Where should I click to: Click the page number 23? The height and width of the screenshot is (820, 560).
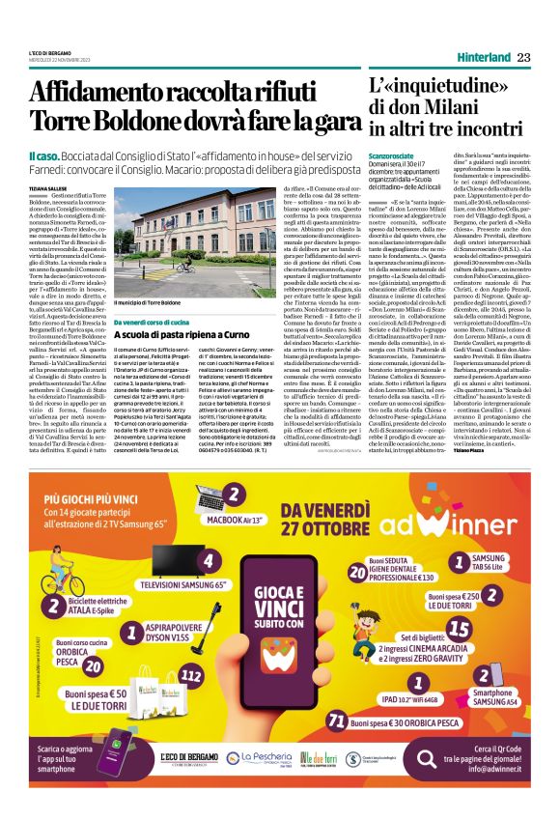pos(523,58)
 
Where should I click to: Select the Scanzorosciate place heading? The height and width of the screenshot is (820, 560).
pos(395,154)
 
